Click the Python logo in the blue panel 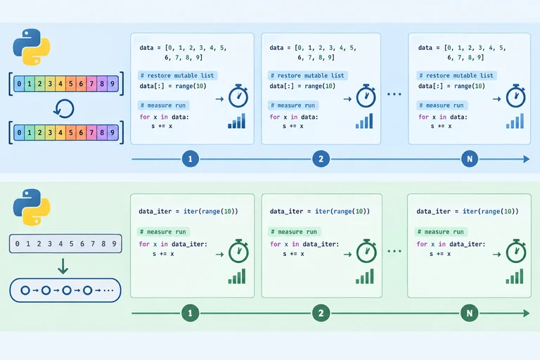[x=32, y=47]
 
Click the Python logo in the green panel [x=32, y=207]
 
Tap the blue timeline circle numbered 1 [x=190, y=159]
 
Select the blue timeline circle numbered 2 [x=321, y=159]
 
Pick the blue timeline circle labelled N [x=470, y=159]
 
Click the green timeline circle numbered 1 [x=190, y=313]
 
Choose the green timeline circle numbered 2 [x=321, y=313]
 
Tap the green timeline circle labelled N [x=470, y=313]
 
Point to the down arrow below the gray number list [x=63, y=266]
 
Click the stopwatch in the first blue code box [x=238, y=96]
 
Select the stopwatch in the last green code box [x=516, y=251]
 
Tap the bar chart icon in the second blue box [x=364, y=121]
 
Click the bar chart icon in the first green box [x=237, y=276]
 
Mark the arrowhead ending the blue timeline [x=527, y=159]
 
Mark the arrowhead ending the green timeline [x=527, y=313]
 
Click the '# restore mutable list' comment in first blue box [x=177, y=75]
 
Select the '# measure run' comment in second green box [x=294, y=232]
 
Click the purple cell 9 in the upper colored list [x=112, y=84]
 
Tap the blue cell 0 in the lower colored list [x=19, y=133]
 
